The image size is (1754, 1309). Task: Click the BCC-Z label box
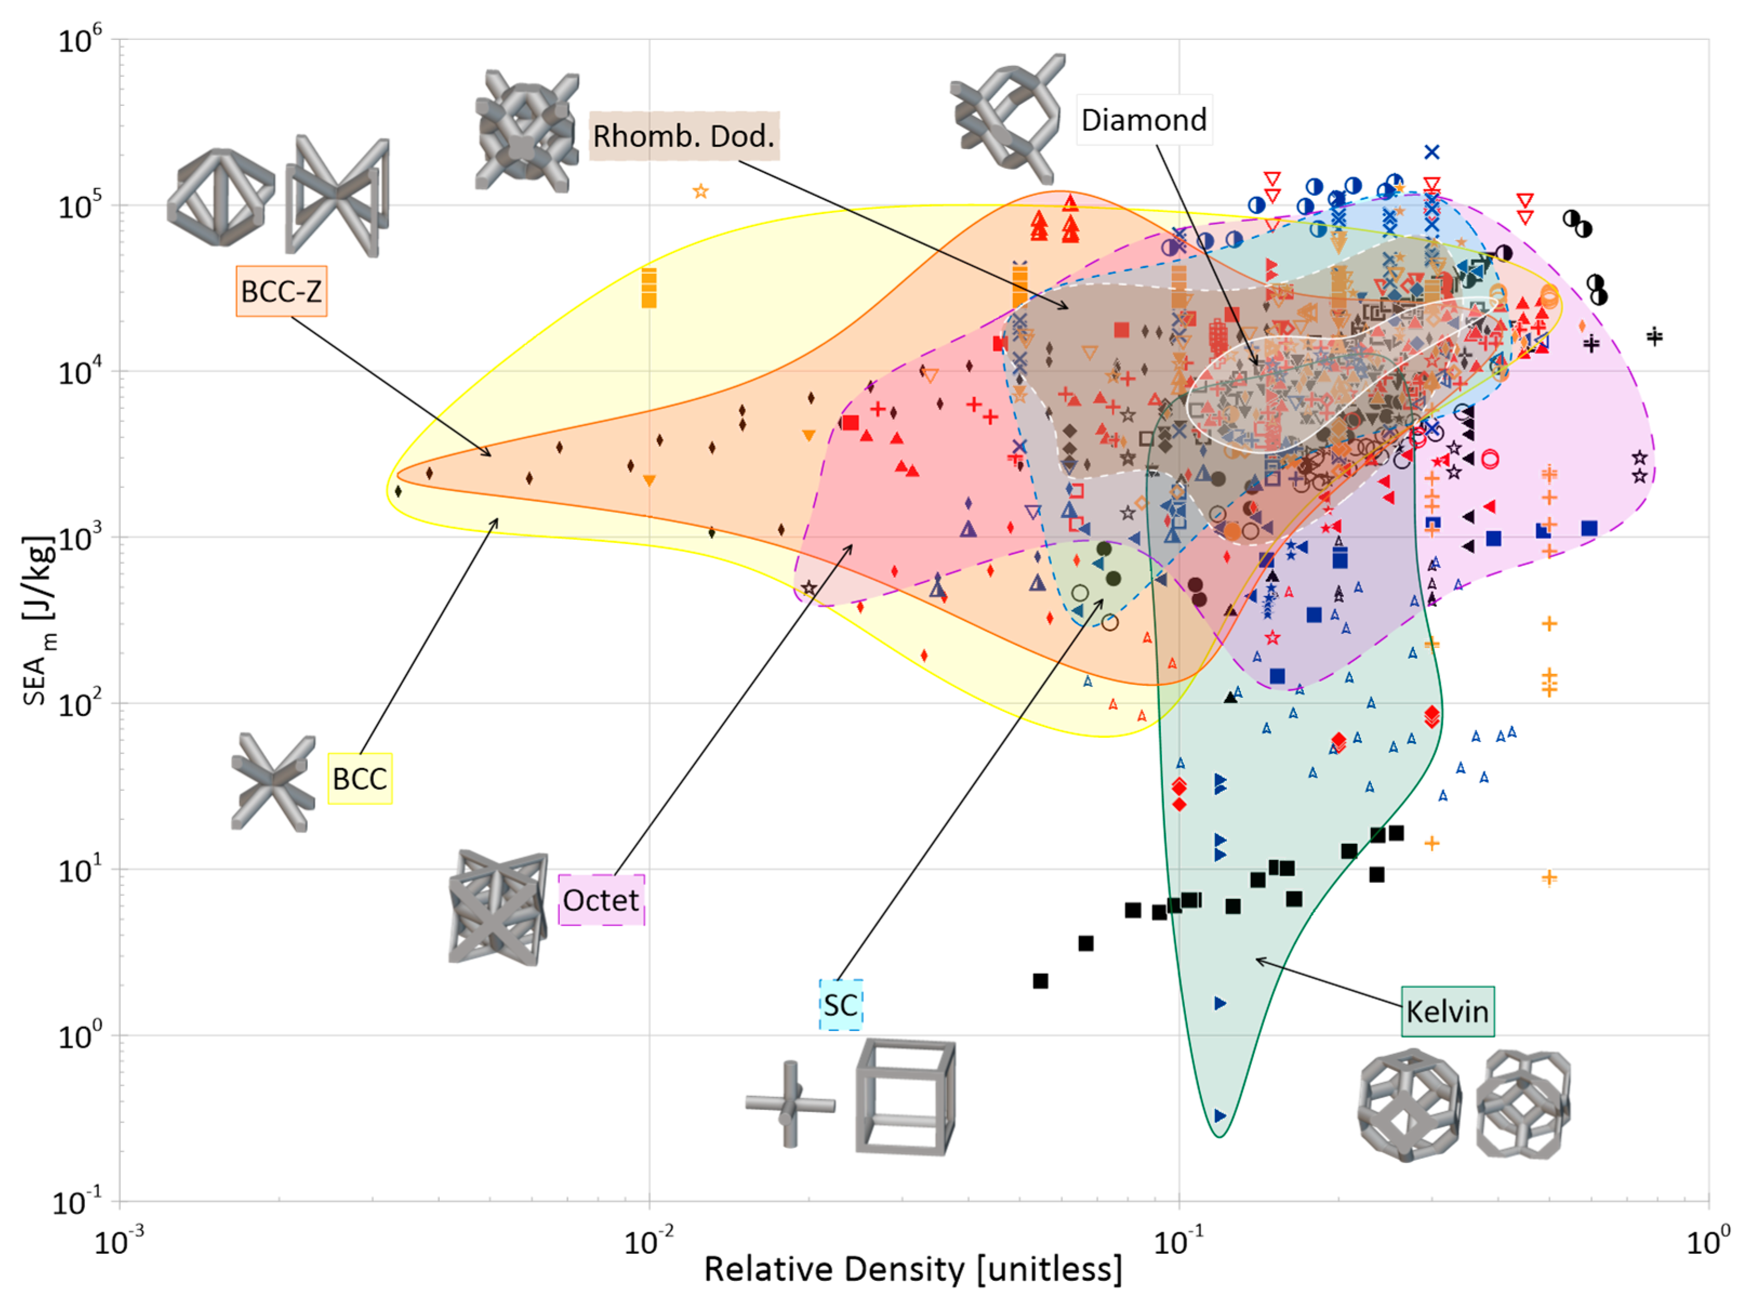tap(281, 292)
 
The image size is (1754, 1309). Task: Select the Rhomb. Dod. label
tap(683, 136)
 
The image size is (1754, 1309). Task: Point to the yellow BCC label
tap(360, 779)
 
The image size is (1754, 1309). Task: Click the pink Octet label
tap(601, 900)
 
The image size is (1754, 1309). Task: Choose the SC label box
tap(840, 1005)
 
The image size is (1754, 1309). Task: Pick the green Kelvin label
tap(1447, 1012)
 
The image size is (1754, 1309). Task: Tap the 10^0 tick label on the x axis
tap(1708, 1241)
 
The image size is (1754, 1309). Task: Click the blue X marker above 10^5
tap(1431, 152)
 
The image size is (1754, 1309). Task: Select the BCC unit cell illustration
tap(272, 782)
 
